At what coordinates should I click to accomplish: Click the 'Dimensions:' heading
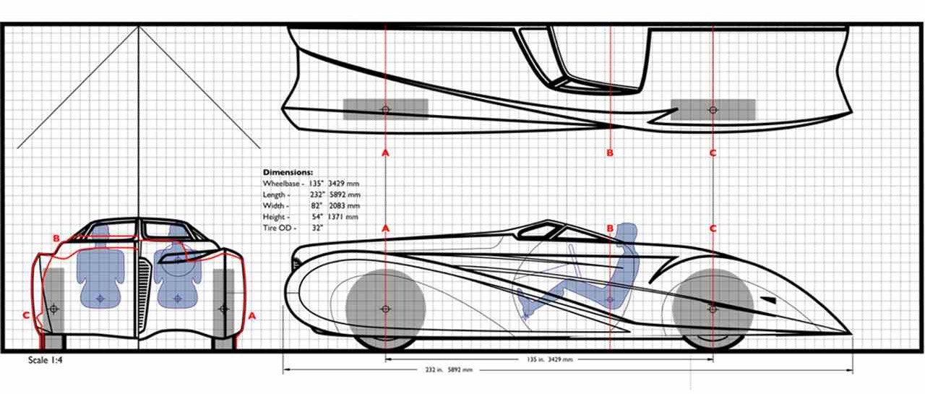pos(288,172)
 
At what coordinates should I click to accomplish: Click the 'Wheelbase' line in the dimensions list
pos(311,184)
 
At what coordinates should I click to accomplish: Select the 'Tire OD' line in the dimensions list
pos(293,228)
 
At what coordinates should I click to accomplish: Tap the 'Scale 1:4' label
pos(46,360)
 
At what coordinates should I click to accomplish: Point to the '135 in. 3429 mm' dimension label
pos(549,359)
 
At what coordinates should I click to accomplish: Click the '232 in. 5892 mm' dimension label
pos(449,369)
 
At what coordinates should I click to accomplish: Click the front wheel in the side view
pos(385,309)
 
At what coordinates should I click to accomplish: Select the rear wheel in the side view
pos(713,309)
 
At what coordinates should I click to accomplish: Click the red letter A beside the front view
pos(252,317)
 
